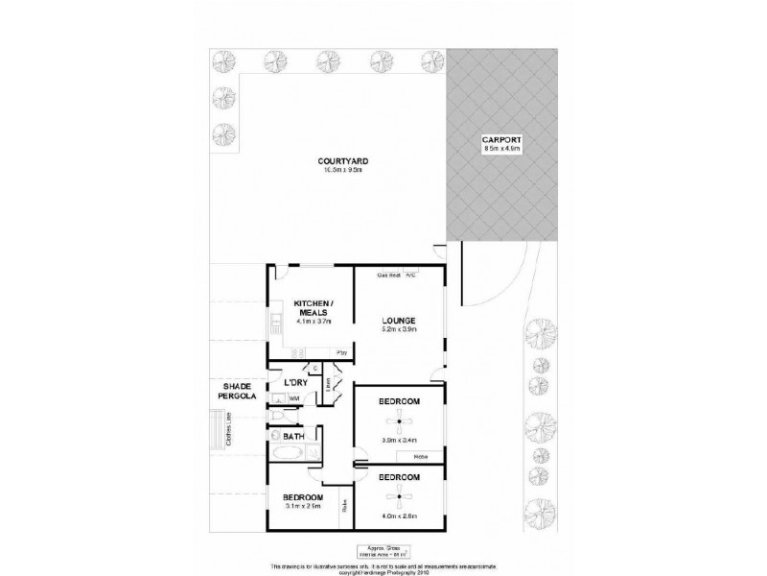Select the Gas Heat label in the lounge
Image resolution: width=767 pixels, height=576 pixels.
388,275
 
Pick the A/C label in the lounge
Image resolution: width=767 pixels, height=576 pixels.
409,275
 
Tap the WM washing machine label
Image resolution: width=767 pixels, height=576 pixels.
295,397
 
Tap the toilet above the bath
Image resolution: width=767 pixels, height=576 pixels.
278,416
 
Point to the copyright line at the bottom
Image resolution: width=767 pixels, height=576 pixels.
383,572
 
